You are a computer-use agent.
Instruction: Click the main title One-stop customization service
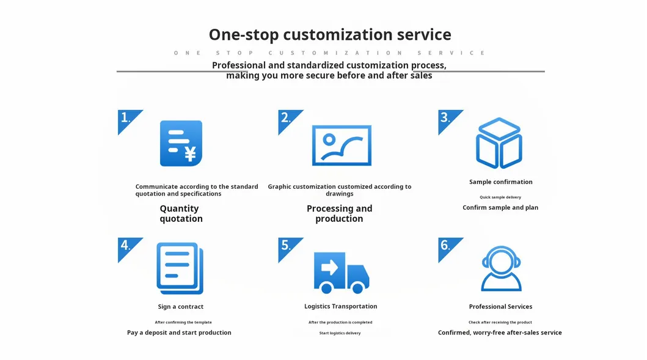click(x=330, y=35)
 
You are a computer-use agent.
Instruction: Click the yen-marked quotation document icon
click(x=181, y=143)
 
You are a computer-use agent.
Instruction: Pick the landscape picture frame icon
click(x=342, y=145)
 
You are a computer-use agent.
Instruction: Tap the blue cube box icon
click(x=499, y=143)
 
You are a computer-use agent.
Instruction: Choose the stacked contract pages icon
click(x=180, y=268)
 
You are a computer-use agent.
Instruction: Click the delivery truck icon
click(x=342, y=273)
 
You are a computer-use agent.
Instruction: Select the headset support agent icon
click(x=502, y=269)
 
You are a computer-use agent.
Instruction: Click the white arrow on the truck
click(x=329, y=268)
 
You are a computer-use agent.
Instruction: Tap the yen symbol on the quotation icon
click(x=190, y=153)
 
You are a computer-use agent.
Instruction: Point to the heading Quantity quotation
click(x=181, y=213)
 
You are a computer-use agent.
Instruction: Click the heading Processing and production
click(x=339, y=213)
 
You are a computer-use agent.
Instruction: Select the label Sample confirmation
click(x=500, y=182)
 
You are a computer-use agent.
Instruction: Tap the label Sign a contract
click(x=180, y=307)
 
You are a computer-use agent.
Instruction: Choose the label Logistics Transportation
click(x=340, y=306)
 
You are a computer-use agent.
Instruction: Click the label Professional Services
click(x=500, y=307)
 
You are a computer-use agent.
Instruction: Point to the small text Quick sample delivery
click(x=500, y=197)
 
